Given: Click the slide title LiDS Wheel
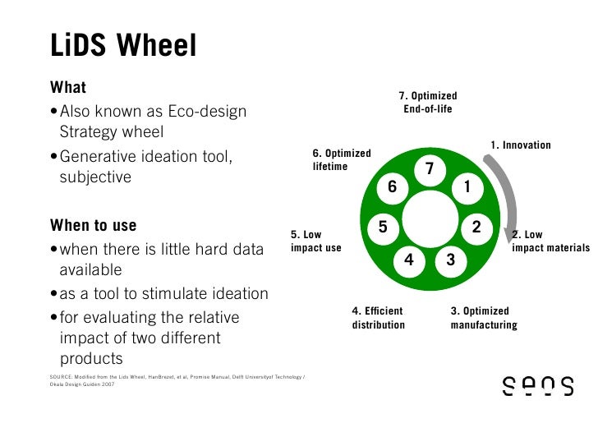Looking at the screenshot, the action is click(123, 46).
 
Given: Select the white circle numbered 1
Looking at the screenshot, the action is click(466, 187).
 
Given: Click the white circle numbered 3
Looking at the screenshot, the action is click(450, 260).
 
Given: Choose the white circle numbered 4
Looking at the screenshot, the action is click(408, 260).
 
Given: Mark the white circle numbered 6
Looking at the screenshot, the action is click(392, 187).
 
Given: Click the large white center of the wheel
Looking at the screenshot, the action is click(429, 219).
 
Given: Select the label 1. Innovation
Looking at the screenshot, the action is click(520, 145).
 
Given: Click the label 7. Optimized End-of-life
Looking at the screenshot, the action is click(428, 103).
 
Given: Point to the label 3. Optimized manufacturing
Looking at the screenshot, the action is click(484, 318).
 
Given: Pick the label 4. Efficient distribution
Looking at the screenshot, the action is click(379, 318).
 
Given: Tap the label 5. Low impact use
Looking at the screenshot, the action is click(316, 241).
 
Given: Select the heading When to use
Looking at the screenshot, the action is click(94, 225).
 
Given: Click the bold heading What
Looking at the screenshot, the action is click(68, 87).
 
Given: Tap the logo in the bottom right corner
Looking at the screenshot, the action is click(538, 387).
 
